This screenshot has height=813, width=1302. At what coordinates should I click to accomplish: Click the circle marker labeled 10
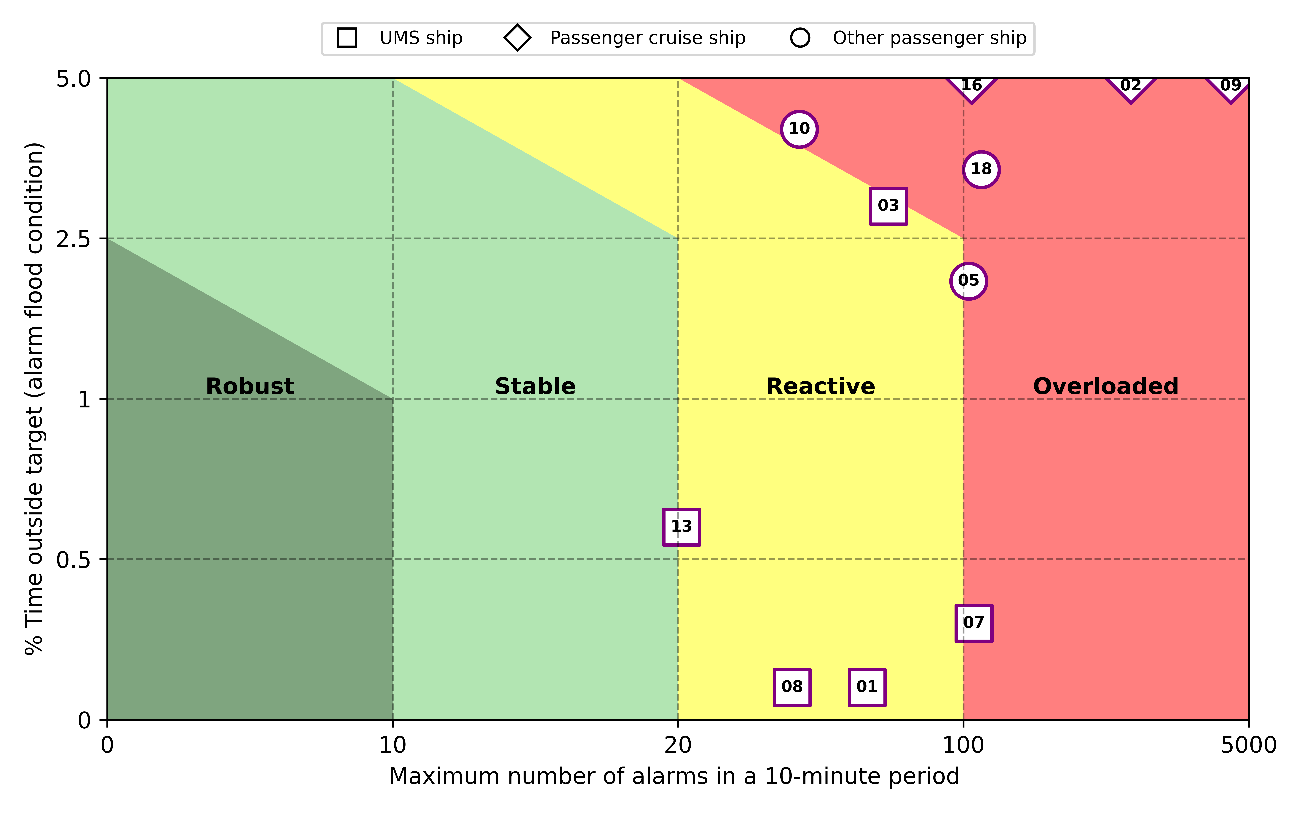(x=799, y=129)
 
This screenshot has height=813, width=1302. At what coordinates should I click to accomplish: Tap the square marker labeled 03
(x=888, y=206)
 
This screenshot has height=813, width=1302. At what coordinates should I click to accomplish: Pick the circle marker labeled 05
(x=968, y=281)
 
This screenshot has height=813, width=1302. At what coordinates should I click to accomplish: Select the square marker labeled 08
(x=792, y=687)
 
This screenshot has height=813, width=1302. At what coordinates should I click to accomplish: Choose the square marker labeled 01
(x=867, y=687)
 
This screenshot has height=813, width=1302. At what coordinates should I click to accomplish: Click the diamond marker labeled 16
(x=971, y=86)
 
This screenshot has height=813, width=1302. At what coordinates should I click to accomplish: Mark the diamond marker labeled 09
(x=1230, y=86)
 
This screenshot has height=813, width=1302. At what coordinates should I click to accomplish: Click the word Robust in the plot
(x=250, y=386)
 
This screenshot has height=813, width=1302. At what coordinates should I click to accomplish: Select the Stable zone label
(x=535, y=386)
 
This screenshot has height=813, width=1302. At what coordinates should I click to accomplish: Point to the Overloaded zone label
(x=1106, y=386)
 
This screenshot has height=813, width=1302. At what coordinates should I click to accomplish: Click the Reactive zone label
(x=821, y=386)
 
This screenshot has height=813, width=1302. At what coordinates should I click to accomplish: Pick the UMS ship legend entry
(x=399, y=38)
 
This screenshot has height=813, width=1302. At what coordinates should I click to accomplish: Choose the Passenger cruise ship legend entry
(x=624, y=38)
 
